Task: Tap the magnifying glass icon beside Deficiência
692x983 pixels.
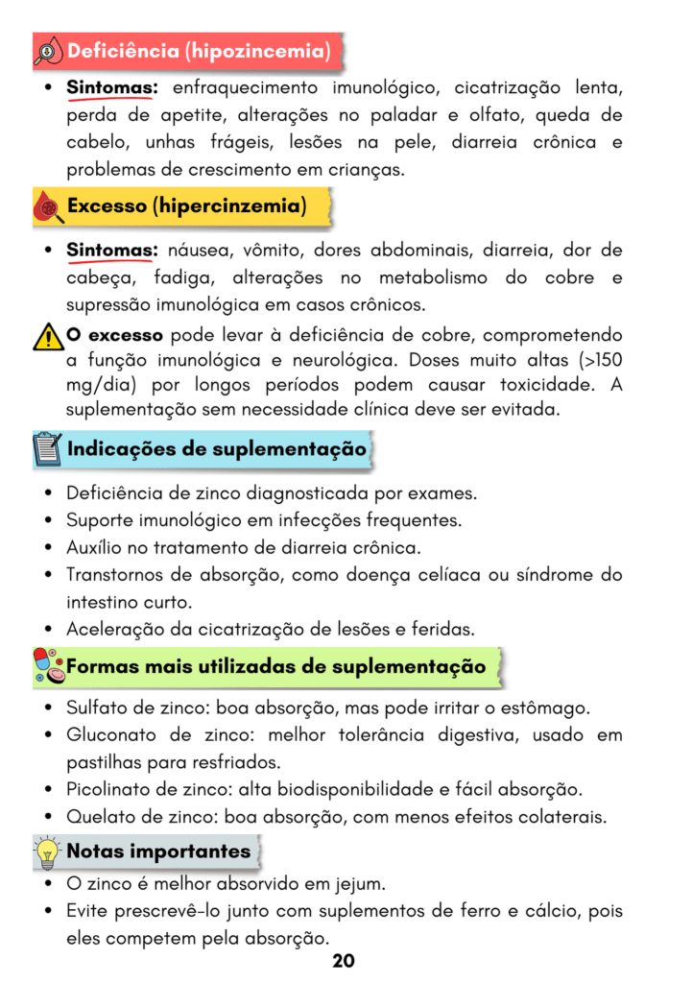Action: tap(48, 51)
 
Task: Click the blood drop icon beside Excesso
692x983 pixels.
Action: tap(48, 206)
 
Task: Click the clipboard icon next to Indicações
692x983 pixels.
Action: tap(47, 449)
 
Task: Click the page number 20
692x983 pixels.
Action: tap(344, 961)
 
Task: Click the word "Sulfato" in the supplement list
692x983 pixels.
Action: tap(97, 708)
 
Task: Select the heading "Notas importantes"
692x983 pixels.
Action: tap(158, 851)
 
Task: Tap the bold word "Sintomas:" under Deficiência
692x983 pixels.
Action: tap(111, 88)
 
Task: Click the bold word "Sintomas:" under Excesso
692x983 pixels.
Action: tap(111, 251)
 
